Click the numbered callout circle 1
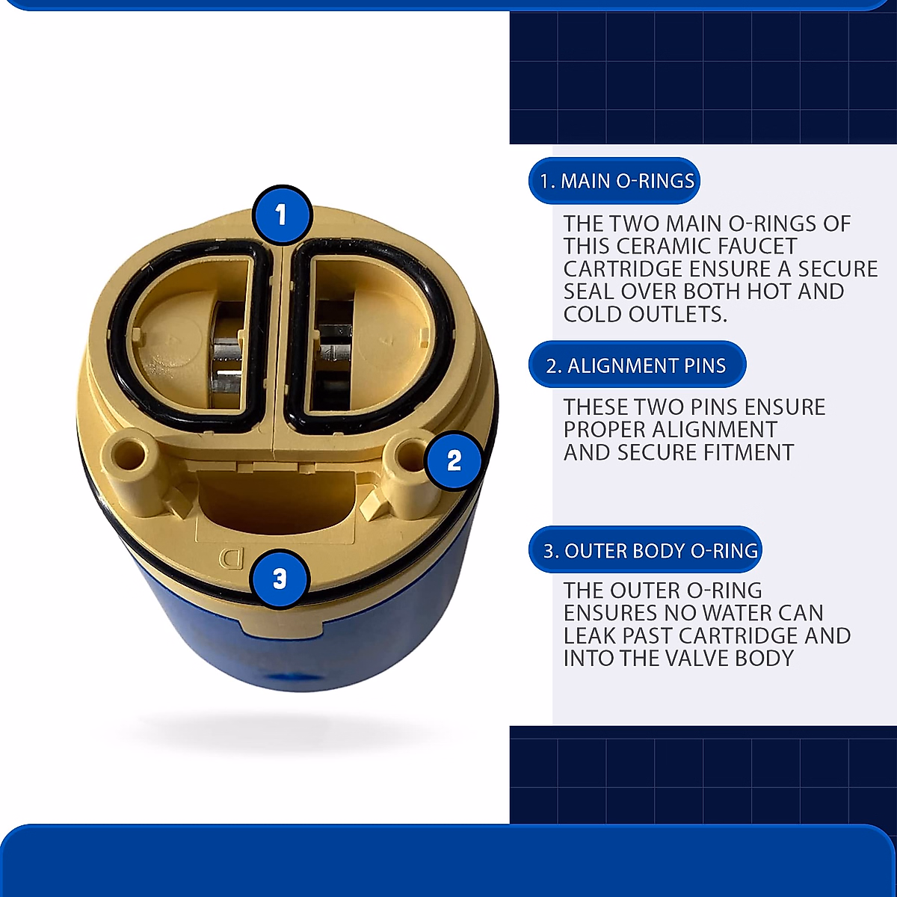coord(282,215)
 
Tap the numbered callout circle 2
coord(454,460)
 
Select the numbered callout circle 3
coord(280,579)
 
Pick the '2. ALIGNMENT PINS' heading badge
coord(637,366)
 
